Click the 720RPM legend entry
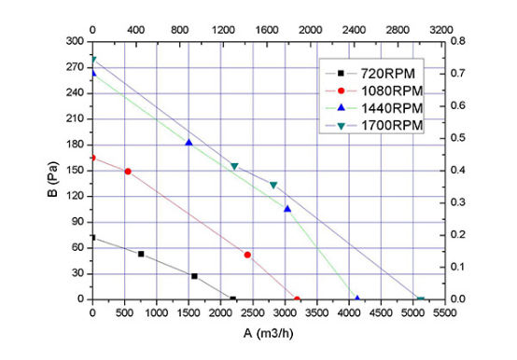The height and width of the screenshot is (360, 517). point(370,74)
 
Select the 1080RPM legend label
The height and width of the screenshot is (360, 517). point(392,90)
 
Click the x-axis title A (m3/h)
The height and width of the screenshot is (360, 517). point(268,333)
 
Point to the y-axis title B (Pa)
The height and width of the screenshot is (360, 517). point(53,179)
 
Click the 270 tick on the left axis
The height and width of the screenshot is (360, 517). point(76,67)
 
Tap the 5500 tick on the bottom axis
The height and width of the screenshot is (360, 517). point(445,312)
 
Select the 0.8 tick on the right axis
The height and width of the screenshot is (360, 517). point(457,41)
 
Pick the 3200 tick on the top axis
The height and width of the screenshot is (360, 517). point(441,30)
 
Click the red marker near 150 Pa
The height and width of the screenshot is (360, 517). point(128,172)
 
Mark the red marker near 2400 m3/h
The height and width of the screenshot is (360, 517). point(247,255)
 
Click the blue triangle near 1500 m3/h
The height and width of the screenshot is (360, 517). point(189,143)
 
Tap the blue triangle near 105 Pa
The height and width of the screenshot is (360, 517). point(287,209)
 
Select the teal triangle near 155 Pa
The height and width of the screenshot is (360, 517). point(234,166)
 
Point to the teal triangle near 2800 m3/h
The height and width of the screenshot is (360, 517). point(273,185)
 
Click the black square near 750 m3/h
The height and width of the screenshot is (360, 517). point(141,254)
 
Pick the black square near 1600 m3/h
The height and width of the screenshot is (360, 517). point(194,276)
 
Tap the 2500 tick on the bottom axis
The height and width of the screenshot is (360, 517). point(253,312)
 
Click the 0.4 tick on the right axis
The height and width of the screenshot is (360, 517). point(457,171)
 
